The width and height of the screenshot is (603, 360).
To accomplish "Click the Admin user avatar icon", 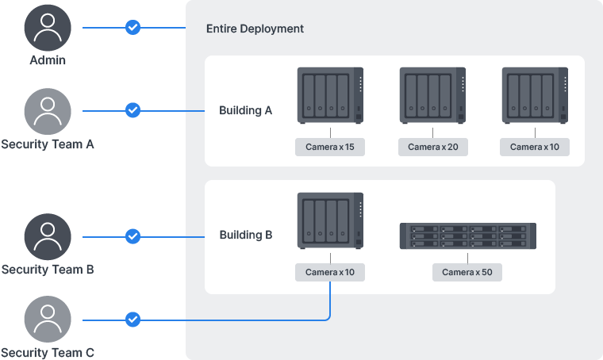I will (x=48, y=28).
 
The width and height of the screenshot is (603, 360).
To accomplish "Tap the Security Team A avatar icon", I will (x=48, y=111).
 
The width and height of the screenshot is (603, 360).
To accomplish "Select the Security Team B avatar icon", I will (x=48, y=236).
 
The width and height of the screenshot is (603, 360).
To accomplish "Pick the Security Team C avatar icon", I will (x=48, y=320).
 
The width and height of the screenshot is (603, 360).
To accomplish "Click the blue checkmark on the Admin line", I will (x=133, y=28).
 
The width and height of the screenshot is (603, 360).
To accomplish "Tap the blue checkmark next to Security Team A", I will (x=133, y=110).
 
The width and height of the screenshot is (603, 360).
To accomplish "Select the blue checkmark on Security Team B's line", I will (x=133, y=236).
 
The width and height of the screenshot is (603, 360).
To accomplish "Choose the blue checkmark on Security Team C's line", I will (x=133, y=320).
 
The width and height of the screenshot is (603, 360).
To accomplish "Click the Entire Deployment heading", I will (x=255, y=29).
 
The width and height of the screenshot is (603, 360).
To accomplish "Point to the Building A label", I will (x=245, y=110).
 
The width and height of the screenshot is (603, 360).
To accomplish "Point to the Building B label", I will (x=245, y=235).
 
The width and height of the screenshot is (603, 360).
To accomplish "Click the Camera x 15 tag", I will (x=329, y=147).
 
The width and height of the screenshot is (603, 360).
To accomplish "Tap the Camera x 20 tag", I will (x=432, y=147).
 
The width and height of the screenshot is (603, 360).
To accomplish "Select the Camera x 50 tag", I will (x=467, y=272).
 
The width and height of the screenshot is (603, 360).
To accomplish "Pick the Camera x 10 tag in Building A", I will (x=535, y=147).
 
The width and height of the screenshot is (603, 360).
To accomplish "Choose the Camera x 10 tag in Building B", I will (x=329, y=272).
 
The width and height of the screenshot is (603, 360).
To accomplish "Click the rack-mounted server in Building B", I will (x=467, y=236).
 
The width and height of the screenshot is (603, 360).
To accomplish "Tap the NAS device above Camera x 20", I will (x=432, y=95).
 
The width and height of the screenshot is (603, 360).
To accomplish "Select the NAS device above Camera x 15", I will (x=330, y=95).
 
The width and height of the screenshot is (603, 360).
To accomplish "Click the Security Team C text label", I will (x=48, y=353).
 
